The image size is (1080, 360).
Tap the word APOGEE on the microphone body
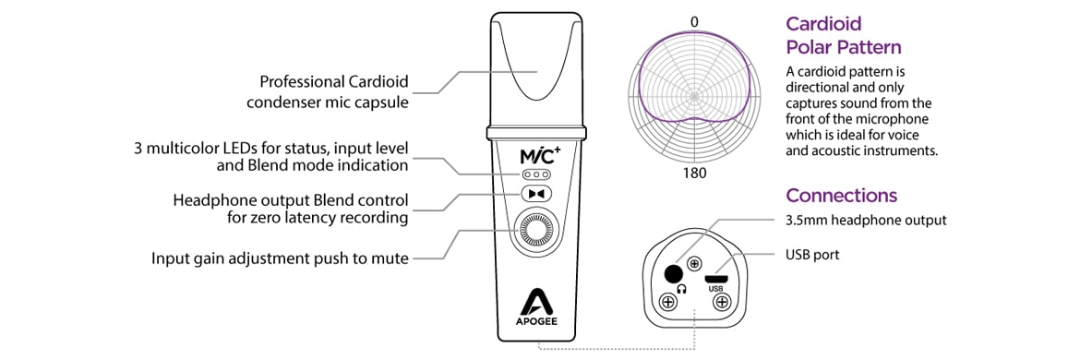pos(535,324)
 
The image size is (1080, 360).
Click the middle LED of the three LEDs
pos(535,174)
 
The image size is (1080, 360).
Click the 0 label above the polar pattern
pos(694,21)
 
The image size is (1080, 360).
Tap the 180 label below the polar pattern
pos(694,174)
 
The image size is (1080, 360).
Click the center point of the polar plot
pos(694,96)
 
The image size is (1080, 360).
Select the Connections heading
pos(841,196)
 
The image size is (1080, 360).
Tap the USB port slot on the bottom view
pos(716,276)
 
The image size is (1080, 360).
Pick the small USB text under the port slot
pos(716,288)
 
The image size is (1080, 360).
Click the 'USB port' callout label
pos(812,254)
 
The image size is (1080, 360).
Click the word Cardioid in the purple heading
pos(823,25)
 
